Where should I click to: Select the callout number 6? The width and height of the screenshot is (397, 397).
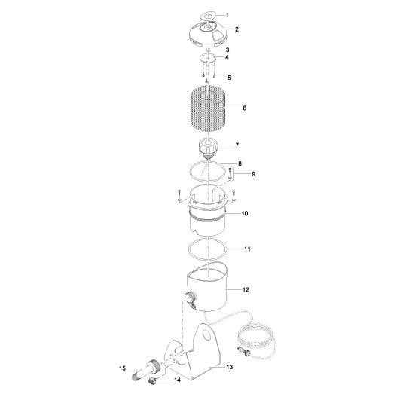pyautogui.click(x=245, y=108)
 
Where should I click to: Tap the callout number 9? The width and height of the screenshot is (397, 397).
pyautogui.click(x=254, y=174)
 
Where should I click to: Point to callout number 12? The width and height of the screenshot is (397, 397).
pyautogui.click(x=246, y=289)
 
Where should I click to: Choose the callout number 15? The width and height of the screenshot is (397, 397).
pyautogui.click(x=122, y=368)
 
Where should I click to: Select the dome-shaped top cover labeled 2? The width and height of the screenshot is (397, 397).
pyautogui.click(x=205, y=32)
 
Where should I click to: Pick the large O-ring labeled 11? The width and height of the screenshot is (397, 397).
pyautogui.click(x=206, y=249)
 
